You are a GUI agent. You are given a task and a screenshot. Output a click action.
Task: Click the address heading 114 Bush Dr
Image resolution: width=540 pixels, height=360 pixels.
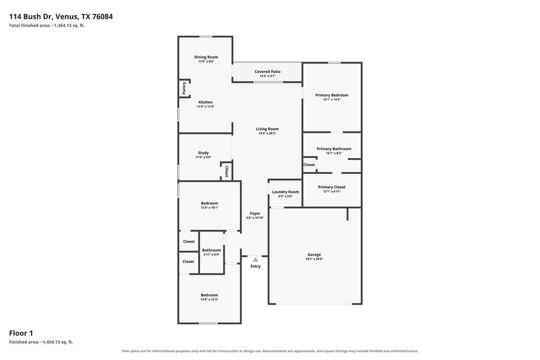point(30,16)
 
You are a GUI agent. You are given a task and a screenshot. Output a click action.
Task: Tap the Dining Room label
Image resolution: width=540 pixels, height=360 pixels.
point(206,57)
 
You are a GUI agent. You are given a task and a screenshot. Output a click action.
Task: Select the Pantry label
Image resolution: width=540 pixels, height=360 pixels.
point(184,88)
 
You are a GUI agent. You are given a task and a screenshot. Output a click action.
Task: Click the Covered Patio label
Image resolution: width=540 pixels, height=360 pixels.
point(267,72)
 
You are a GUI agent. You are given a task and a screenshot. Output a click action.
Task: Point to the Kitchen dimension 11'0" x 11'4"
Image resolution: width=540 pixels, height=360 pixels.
point(206,106)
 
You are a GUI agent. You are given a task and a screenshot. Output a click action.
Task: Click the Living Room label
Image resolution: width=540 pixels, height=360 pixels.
point(267,129)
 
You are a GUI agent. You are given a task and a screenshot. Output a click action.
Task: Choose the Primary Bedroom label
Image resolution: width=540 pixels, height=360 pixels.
point(332,95)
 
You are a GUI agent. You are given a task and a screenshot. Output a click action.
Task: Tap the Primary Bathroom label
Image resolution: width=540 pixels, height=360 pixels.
point(334,149)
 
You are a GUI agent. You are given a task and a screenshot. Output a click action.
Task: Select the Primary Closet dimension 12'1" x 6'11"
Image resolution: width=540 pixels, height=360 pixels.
point(332,191)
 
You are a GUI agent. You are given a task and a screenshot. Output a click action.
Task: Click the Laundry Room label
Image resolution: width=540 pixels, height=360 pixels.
point(285,192)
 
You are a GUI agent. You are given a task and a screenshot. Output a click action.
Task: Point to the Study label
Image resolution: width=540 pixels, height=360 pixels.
point(203,153)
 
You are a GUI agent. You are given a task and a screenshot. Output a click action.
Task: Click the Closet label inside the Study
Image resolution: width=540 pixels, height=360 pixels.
point(226,171)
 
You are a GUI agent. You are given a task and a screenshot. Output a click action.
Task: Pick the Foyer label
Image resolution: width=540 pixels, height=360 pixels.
point(255,213)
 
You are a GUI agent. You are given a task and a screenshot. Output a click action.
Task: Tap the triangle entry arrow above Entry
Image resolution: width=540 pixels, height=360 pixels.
point(256,260)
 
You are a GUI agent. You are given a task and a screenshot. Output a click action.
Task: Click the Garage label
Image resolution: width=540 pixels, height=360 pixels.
point(314,255)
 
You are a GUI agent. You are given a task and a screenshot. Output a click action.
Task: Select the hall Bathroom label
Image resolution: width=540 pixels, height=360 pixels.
point(211,250)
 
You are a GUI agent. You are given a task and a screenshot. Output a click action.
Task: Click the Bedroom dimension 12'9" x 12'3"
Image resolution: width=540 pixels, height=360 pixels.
point(209,299)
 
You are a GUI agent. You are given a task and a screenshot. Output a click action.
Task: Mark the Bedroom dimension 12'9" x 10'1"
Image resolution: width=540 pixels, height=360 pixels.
point(209,208)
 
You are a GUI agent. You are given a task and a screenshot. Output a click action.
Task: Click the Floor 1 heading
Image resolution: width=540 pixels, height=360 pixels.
point(21,333)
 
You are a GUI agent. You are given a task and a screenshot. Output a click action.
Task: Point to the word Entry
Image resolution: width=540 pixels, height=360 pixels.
point(256,266)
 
